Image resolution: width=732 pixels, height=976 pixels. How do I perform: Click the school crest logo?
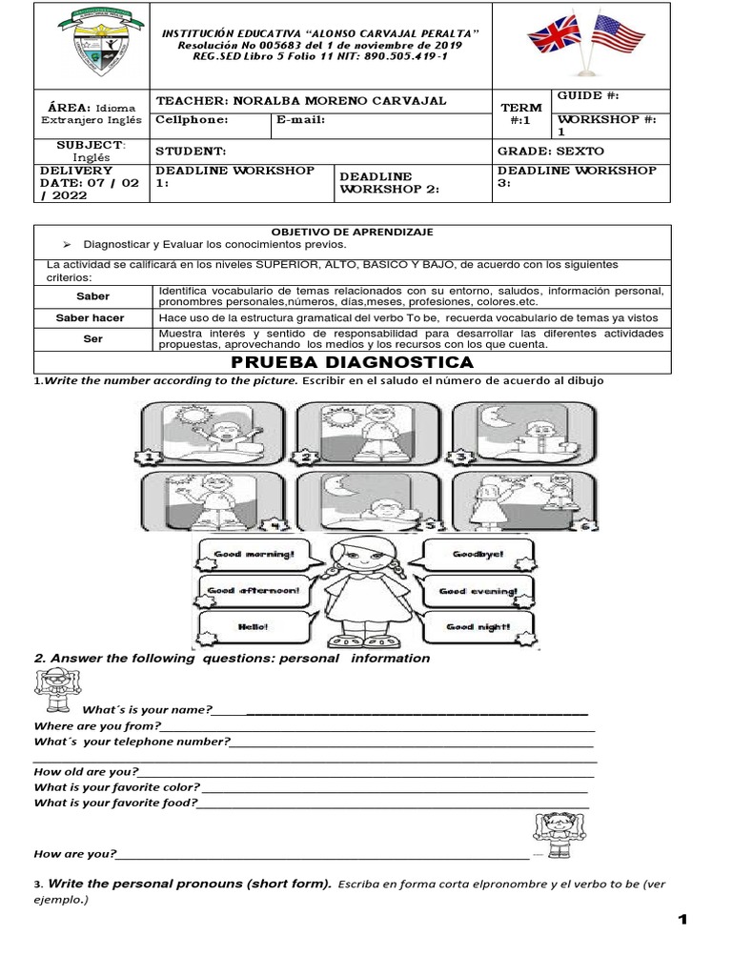click(x=91, y=45)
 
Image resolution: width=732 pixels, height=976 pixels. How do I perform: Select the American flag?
click(x=618, y=38)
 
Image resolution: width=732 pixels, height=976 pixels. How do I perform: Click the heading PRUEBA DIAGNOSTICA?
click(x=353, y=362)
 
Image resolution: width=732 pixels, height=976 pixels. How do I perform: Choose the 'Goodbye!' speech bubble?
click(x=477, y=555)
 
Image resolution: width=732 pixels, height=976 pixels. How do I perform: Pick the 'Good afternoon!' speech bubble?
click(x=254, y=591)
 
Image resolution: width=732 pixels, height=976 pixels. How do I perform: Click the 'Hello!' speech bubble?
click(x=254, y=627)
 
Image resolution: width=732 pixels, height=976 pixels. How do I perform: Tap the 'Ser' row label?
click(x=92, y=338)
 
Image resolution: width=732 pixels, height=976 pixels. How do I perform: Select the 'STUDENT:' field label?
click(x=191, y=151)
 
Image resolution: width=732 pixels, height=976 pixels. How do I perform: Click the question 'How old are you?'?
click(x=86, y=772)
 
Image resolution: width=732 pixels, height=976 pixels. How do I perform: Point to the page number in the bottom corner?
click(x=682, y=919)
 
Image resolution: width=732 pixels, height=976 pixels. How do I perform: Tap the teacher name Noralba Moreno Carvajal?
click(x=301, y=101)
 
